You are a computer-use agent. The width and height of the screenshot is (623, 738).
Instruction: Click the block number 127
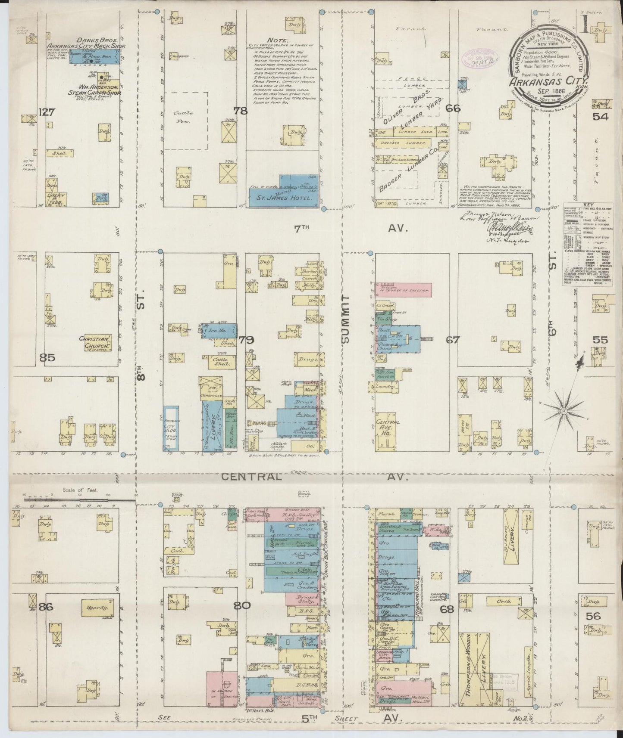point(46,113)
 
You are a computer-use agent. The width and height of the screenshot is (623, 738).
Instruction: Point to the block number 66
point(453,108)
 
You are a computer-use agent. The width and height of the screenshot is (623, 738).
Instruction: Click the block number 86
point(45,607)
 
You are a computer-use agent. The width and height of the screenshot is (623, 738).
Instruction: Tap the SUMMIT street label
point(347,319)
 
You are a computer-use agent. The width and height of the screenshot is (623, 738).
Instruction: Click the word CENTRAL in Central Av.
point(252,476)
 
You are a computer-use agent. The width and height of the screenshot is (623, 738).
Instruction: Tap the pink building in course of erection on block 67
point(403,288)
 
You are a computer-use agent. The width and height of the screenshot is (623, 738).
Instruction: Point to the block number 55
point(600,340)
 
